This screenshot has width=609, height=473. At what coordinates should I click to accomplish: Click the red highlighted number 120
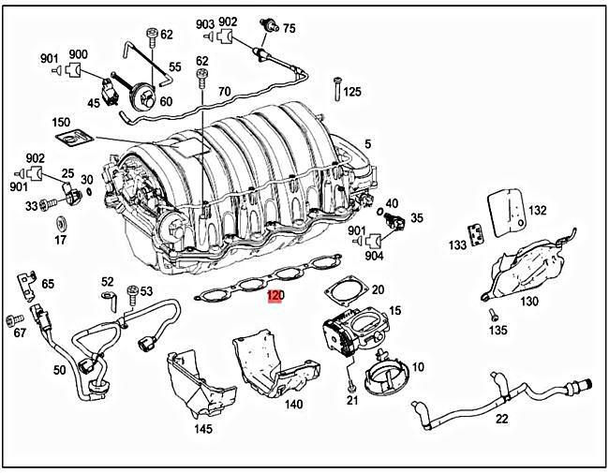[274, 296]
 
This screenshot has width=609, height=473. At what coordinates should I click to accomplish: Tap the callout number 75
[289, 28]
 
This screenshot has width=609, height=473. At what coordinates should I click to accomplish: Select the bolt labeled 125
[335, 92]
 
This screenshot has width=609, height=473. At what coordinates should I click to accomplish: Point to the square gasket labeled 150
[70, 140]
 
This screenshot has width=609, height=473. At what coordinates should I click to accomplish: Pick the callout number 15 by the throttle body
[394, 310]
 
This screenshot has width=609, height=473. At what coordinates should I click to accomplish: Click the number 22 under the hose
[501, 419]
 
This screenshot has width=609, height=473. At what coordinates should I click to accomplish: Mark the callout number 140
[293, 405]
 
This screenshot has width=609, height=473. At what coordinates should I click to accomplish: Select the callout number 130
[529, 302]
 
